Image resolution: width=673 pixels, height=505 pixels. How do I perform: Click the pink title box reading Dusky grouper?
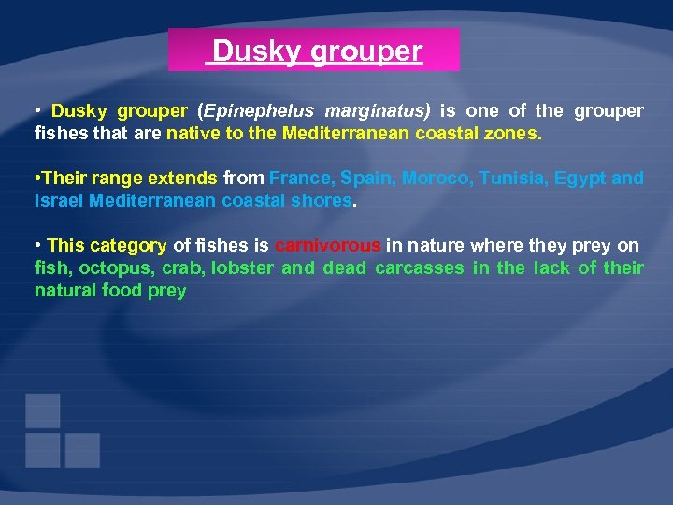(314, 50)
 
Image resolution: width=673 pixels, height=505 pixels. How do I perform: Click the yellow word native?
(192, 134)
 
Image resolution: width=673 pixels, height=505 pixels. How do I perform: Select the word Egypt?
(580, 179)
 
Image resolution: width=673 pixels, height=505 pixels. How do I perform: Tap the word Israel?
(59, 201)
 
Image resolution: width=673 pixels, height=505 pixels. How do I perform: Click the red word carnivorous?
(328, 246)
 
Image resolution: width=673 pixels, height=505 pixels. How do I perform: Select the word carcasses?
(419, 268)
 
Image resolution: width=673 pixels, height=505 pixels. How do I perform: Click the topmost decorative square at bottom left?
(43, 411)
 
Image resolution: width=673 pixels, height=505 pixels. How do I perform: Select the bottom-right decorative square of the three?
(82, 450)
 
